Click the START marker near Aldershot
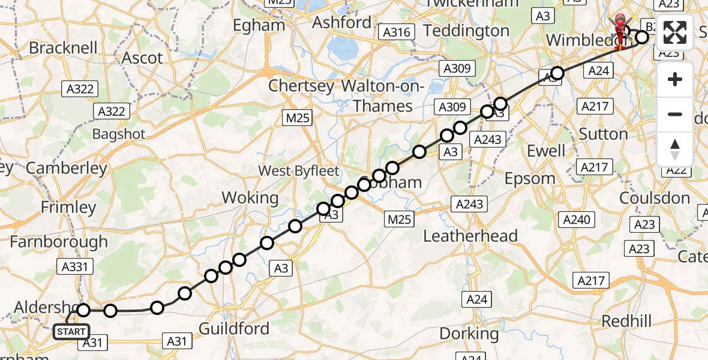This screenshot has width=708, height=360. [x=71, y=331]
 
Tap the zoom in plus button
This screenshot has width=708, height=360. [x=675, y=80]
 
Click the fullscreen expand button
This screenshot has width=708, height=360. [x=675, y=32]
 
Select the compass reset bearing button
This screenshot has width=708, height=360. [x=675, y=149]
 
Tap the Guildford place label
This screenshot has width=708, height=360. [x=233, y=328]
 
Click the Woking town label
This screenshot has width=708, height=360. [x=250, y=197]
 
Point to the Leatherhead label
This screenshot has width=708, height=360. [x=470, y=236]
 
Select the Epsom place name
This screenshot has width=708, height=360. [x=530, y=178]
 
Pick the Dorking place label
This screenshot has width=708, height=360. [x=470, y=333]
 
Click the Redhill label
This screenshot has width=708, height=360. [x=626, y=321]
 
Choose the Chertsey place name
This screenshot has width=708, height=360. [x=301, y=86]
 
